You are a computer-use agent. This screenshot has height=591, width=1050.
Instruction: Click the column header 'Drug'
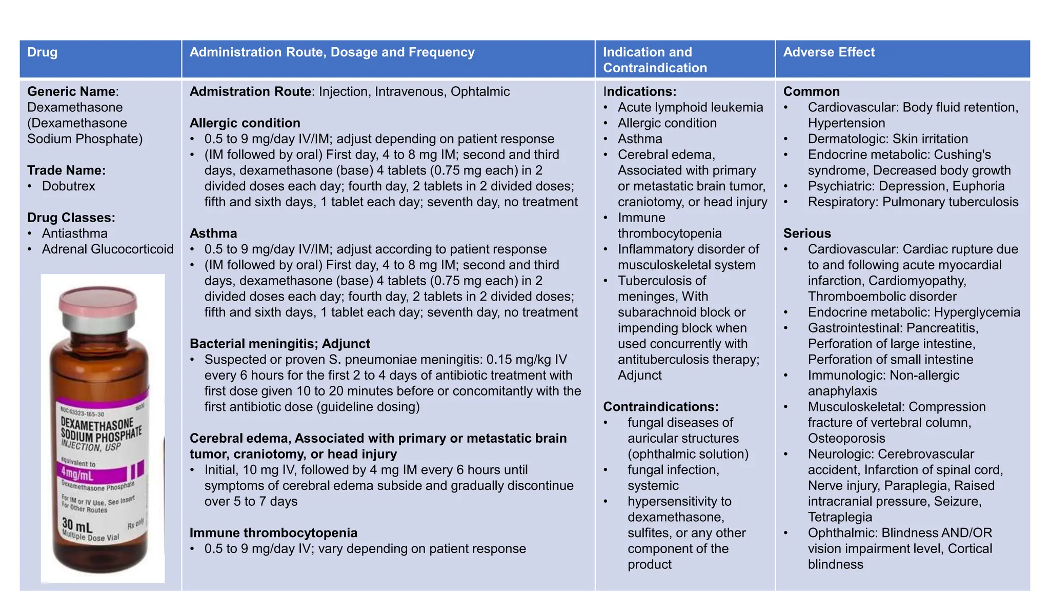coord(42,52)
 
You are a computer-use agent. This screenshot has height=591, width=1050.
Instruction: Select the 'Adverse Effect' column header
coord(829,52)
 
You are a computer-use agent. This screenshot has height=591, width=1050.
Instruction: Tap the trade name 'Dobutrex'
coord(68,186)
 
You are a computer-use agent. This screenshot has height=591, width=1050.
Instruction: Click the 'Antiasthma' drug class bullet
coord(75,233)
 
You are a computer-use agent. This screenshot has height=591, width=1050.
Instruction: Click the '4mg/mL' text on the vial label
coord(77,472)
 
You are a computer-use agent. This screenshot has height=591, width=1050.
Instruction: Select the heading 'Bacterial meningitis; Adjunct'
coord(279,344)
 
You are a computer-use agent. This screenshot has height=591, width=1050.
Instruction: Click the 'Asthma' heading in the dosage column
coord(213,233)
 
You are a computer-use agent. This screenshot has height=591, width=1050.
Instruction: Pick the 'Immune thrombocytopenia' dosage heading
coord(273,533)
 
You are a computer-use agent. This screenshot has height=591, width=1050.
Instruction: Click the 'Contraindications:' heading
coord(660,407)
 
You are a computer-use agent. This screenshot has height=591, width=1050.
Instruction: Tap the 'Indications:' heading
coord(639,92)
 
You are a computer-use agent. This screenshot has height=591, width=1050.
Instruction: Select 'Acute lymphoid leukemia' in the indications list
coord(690,107)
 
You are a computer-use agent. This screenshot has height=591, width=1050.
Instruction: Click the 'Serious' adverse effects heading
coord(806,233)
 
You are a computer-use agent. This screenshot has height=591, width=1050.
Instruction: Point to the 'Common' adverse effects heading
coord(811,92)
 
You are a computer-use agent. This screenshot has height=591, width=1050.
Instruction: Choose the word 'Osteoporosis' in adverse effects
coord(846,439)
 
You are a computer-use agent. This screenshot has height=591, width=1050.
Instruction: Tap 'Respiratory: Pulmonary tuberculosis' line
coord(913,202)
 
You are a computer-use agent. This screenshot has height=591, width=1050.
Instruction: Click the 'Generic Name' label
coord(71,92)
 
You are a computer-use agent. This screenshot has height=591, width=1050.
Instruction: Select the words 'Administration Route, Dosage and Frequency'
coord(332,52)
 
